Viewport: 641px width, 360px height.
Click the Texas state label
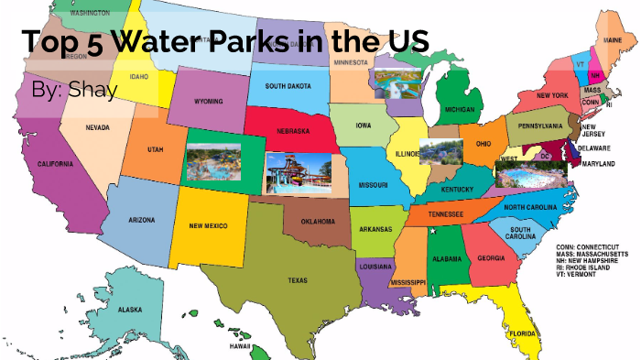pos(298,281)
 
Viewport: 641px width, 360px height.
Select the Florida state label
pos(524,334)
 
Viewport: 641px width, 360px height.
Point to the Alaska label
pos(130,310)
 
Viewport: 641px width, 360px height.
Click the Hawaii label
pos(241,346)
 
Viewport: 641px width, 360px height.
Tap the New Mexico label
pos(209,225)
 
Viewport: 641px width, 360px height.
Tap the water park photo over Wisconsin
pos(396,82)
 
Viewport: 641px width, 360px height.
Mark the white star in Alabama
pos(432,231)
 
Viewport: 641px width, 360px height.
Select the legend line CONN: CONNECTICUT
pos(587,247)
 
